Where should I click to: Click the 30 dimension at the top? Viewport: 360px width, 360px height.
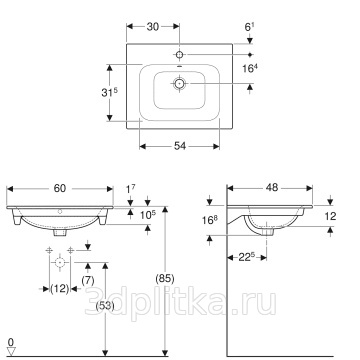(x=153, y=27)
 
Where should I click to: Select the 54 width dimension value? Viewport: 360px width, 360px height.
(x=180, y=146)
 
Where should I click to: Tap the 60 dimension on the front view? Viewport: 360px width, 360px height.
(x=60, y=188)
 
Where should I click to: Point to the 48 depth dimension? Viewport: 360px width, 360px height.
(x=272, y=188)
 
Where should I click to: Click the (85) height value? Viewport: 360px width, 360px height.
(x=165, y=277)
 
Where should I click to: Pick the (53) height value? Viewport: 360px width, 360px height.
(x=105, y=305)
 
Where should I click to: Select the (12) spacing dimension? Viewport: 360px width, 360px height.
(x=60, y=289)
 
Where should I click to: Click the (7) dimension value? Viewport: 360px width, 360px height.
(x=88, y=281)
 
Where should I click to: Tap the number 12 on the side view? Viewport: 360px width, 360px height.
(x=330, y=217)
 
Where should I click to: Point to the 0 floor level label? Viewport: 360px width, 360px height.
(x=11, y=342)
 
